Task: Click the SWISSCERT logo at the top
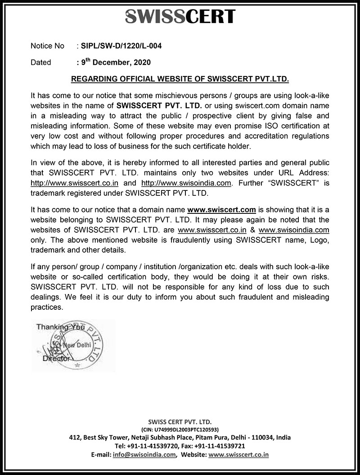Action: [180, 16]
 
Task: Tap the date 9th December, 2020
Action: [116, 63]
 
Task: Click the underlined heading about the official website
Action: [180, 79]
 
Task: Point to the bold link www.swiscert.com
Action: [221, 210]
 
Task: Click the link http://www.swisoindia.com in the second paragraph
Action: [187, 183]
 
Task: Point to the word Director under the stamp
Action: [56, 359]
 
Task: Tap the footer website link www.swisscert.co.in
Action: [238, 455]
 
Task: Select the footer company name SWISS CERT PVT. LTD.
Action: [180, 422]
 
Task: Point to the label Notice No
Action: [48, 46]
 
